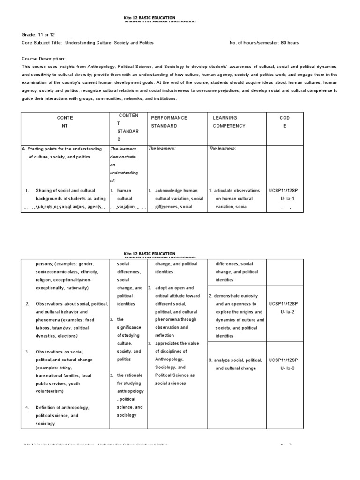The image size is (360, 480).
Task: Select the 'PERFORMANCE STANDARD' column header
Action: click(x=169, y=122)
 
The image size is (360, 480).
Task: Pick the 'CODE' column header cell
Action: click(x=285, y=122)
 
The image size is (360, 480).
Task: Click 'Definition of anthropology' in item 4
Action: click(x=62, y=407)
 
